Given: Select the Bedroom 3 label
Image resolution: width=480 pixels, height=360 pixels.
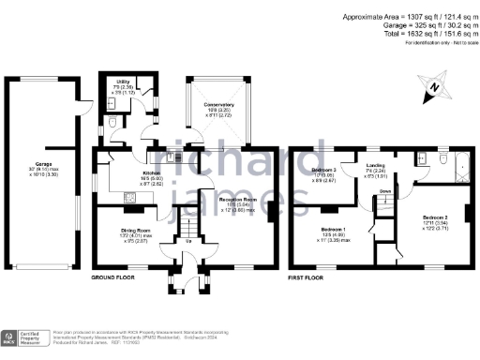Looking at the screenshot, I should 323,170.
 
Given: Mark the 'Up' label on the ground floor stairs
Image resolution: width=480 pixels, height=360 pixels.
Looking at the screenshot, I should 190,243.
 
